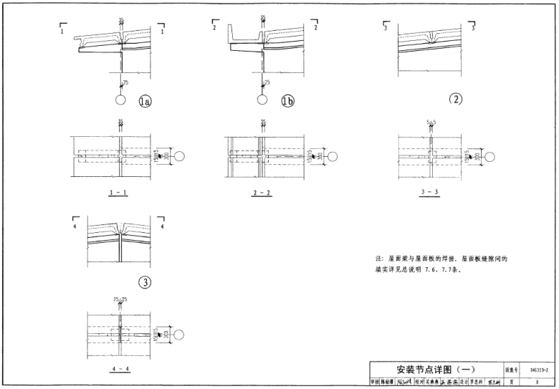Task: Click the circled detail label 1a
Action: tap(145, 102)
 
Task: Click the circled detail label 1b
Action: tap(287, 102)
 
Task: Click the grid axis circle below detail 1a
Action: tap(123, 101)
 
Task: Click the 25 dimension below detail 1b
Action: tap(267, 83)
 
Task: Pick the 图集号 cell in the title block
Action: tap(512, 369)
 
